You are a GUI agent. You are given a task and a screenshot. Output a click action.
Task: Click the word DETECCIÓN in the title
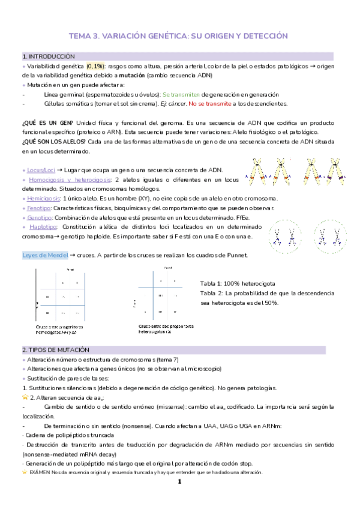(x=262, y=36)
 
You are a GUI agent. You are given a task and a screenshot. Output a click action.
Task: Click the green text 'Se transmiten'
(x=181, y=94)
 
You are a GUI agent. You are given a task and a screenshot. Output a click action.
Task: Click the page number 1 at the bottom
(x=179, y=482)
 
